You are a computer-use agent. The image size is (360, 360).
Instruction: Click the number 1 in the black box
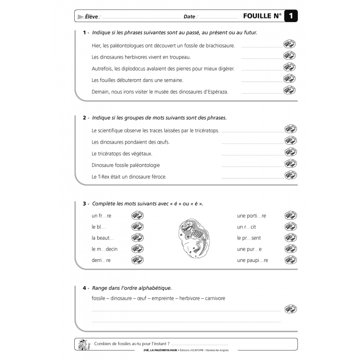tap(291, 16)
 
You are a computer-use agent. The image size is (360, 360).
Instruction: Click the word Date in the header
tap(189, 17)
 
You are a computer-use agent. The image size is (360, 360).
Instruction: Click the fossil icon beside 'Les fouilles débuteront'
tap(289, 79)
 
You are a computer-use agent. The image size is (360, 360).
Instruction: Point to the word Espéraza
tap(217, 92)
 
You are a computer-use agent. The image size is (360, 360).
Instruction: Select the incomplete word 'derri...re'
tap(101, 261)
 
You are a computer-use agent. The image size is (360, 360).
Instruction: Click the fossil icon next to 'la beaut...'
tap(137, 238)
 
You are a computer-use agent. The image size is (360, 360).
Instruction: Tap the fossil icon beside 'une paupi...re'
tap(289, 260)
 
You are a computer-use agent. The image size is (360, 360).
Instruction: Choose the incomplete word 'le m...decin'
tap(104, 249)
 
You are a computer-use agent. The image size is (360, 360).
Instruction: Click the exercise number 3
tap(84, 204)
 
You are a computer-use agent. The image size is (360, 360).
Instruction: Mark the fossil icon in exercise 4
tap(290, 309)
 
